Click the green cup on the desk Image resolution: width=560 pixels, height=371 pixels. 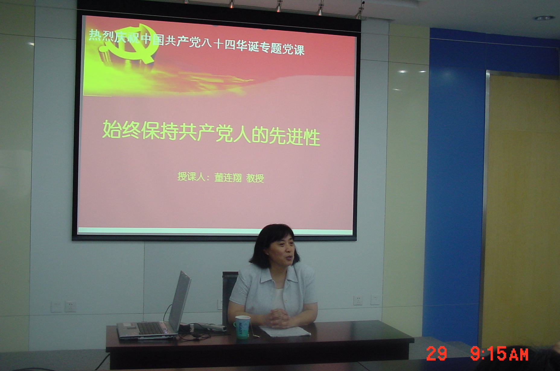coord(242,327)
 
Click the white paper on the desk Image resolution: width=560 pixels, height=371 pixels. coord(285,332)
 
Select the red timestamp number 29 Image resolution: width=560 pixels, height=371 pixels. coord(437,353)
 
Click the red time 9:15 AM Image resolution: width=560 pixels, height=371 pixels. coord(499,353)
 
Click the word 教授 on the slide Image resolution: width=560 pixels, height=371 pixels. coord(255,178)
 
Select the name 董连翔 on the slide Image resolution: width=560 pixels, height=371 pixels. coord(228,177)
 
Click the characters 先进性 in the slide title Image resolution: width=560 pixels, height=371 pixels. coord(294,136)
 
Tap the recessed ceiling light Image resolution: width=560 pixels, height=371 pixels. coord(545,18)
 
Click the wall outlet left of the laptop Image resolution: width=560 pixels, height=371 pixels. coord(70,307)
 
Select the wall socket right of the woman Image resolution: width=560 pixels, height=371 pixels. coord(358,300)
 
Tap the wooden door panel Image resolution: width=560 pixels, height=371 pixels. coord(522,211)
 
